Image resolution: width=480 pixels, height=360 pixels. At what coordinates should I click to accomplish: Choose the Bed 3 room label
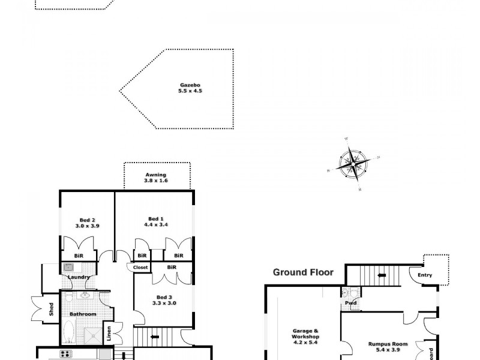tap(164, 297)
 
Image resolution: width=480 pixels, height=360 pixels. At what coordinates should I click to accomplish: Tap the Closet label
tap(140, 267)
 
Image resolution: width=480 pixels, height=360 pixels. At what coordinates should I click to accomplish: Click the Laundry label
tap(79, 277)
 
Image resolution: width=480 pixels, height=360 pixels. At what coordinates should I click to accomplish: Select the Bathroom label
tap(82, 314)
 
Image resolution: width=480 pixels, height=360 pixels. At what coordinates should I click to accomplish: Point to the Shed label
tap(52, 310)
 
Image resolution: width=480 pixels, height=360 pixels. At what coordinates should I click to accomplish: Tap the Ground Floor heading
tap(303, 272)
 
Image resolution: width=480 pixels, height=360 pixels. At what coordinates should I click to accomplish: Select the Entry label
tap(425, 275)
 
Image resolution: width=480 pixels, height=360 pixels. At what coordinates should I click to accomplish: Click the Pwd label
tap(350, 303)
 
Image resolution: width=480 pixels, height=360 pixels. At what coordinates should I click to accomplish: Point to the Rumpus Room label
tap(388, 344)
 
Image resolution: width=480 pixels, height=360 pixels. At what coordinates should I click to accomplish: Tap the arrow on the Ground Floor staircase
tap(381, 276)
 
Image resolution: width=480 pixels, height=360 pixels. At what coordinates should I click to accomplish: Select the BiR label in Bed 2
tap(79, 255)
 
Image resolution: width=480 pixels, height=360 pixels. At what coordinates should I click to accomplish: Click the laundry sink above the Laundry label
tap(68, 268)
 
